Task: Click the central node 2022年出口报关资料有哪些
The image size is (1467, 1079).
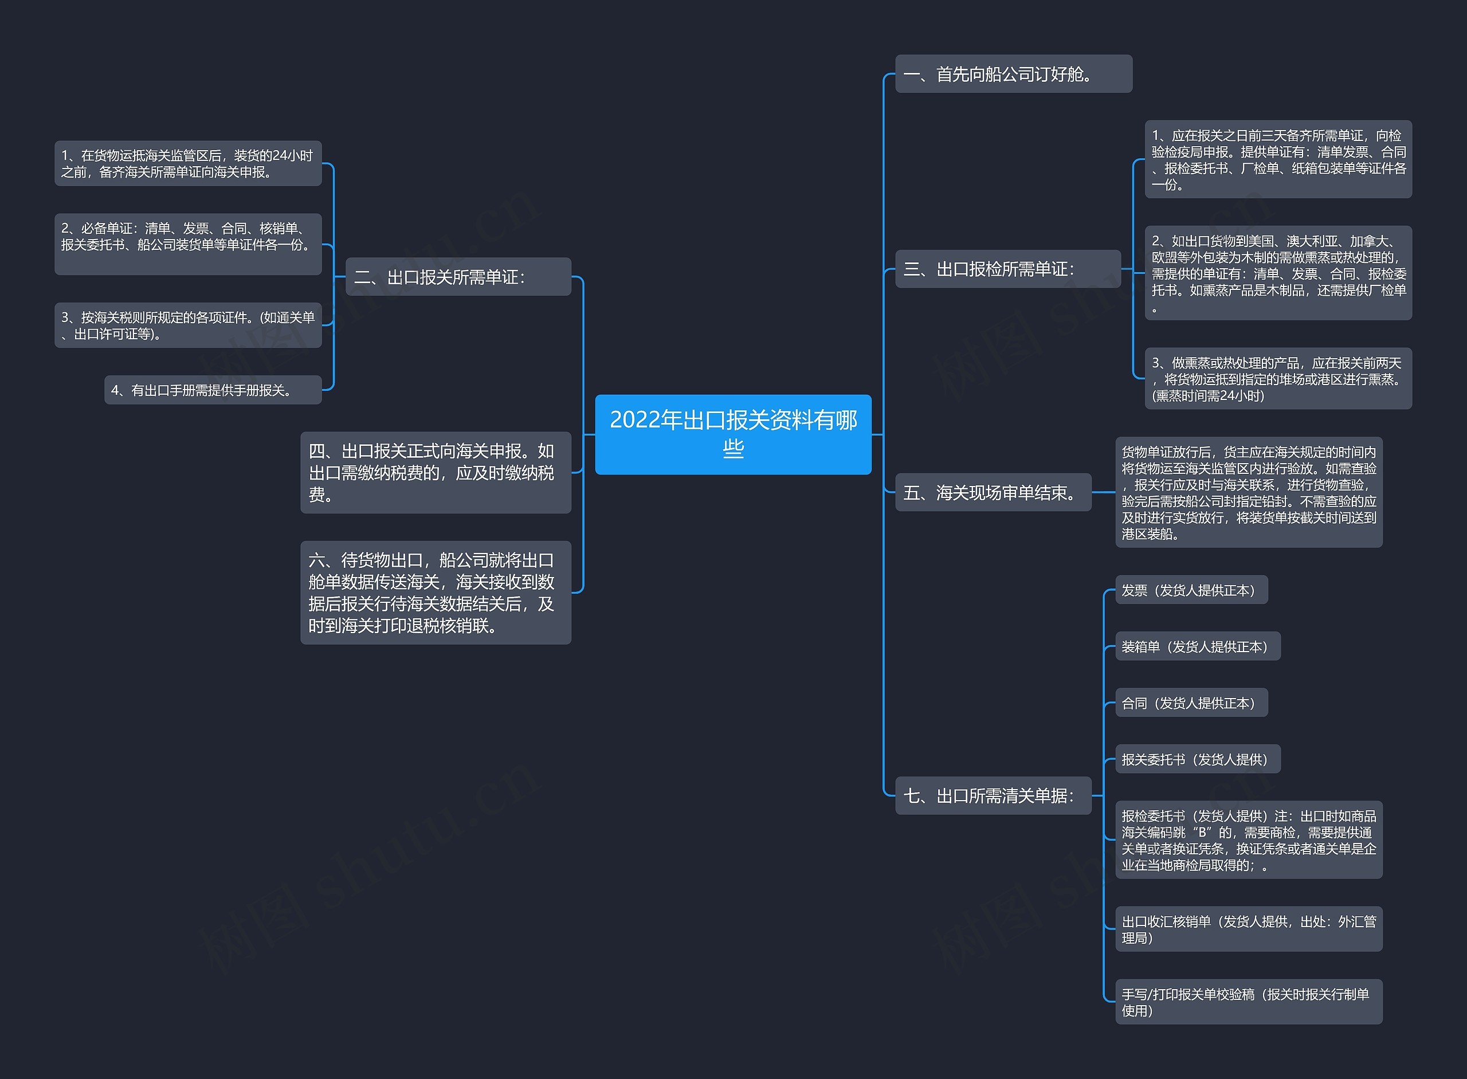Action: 733,434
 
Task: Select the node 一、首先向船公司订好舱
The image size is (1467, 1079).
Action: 1013,74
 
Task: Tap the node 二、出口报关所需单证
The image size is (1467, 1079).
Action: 458,277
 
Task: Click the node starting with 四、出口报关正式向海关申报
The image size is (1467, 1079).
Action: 436,472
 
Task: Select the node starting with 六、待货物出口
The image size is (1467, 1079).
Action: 436,593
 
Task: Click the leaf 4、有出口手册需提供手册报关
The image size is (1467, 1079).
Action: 213,390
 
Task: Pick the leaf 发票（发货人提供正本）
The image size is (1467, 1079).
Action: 1191,590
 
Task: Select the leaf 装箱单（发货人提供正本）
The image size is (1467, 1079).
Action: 1197,646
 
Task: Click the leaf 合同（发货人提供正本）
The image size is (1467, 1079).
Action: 1191,703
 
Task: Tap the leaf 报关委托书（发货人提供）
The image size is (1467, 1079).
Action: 1197,759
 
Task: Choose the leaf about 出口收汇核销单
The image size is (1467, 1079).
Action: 1248,929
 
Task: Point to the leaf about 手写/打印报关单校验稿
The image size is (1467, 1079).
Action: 1248,1001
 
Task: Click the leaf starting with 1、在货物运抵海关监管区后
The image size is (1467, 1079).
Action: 188,163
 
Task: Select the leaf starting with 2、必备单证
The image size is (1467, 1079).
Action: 188,244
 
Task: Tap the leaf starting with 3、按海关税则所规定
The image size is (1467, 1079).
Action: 188,325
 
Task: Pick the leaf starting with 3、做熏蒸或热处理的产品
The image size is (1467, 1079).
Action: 1277,379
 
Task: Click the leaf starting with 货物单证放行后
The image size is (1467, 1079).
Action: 1248,492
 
